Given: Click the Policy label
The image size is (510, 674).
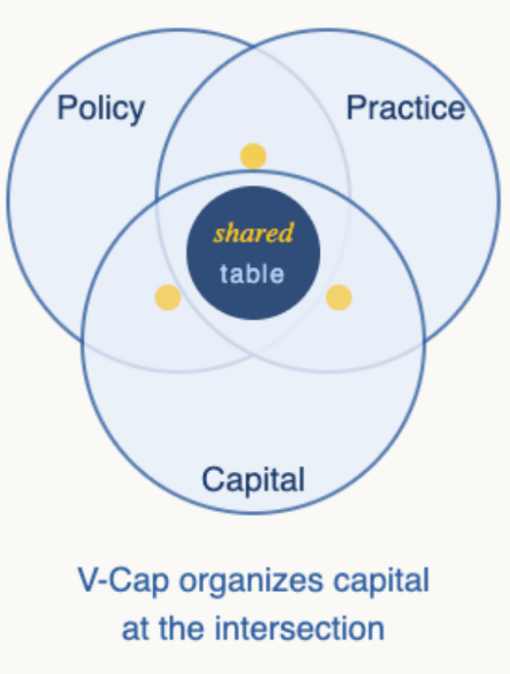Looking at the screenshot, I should pos(101,108).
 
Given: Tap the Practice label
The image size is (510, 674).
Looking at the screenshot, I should pos(405,108).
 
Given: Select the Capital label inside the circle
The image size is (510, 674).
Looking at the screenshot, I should pos(253,480).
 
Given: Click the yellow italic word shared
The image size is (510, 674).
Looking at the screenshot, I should pos(253,233).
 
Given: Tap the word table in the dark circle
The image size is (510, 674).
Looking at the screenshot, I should pos(252,274).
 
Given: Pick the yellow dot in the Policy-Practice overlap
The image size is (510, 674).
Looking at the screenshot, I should pos(253,156).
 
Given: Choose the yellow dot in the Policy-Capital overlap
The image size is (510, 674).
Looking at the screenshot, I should pos(167,298).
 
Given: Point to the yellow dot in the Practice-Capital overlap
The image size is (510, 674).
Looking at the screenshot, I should pos(338,298).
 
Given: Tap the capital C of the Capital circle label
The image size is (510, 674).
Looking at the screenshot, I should pos(211,480).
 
